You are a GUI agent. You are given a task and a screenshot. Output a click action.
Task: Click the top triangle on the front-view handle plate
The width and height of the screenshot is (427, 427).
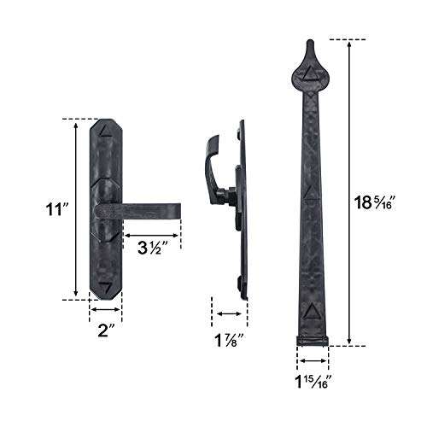(106, 132)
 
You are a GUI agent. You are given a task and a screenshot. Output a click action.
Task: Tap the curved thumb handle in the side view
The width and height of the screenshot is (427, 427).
(211, 162)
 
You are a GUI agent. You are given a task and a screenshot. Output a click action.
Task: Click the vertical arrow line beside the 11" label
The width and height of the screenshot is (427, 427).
(79, 208)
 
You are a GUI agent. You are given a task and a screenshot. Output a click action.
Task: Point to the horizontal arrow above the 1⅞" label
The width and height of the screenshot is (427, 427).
(224, 313)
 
